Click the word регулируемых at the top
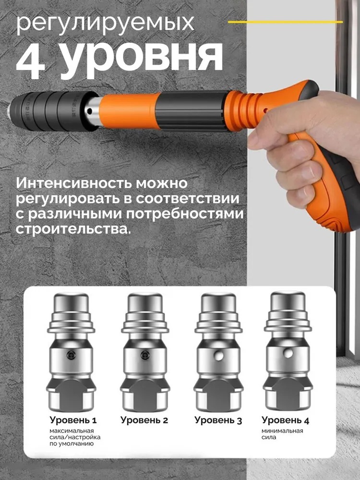click(105, 24)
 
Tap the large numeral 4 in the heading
click(31, 60)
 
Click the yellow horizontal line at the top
click(285, 22)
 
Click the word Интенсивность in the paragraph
click(74, 183)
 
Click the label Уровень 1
click(73, 420)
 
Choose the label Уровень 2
click(144, 420)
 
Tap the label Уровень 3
click(218, 420)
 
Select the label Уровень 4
click(285, 420)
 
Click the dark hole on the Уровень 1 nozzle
click(71, 355)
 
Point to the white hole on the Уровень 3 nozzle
click(218, 355)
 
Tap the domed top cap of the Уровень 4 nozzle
click(288, 301)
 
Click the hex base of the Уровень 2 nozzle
click(145, 395)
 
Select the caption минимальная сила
click(282, 434)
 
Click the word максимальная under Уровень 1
click(72, 431)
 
